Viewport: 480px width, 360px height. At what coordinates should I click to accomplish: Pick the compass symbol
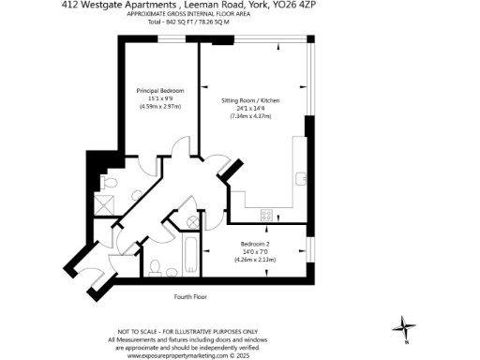point(405,328)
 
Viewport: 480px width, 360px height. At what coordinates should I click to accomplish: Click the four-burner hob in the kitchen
point(267,215)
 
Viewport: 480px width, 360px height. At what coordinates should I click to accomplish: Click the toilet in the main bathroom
point(157,265)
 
